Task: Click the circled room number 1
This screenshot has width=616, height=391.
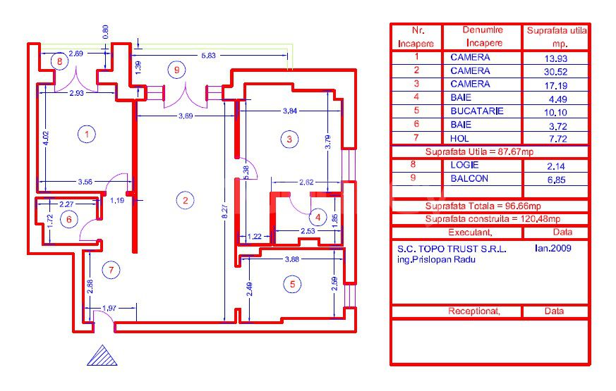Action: click(x=86, y=134)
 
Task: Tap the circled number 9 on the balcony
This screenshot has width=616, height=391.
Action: click(x=176, y=70)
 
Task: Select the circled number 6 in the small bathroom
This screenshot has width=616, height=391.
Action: click(x=68, y=219)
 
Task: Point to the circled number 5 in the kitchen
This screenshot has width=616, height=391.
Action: click(x=292, y=285)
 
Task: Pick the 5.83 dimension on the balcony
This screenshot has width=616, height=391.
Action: click(x=209, y=55)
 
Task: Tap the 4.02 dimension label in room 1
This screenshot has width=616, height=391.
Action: click(x=46, y=139)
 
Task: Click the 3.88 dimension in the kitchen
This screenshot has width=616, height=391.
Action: click(x=292, y=259)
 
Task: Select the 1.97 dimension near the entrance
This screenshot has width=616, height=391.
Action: click(x=109, y=309)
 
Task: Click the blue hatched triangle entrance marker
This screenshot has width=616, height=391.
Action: click(x=102, y=356)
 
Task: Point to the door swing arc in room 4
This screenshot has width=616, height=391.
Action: click(x=301, y=206)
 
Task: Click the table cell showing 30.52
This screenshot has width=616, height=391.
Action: click(x=555, y=72)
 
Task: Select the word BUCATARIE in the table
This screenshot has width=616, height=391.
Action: click(x=477, y=111)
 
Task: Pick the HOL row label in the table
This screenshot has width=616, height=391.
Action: click(x=459, y=139)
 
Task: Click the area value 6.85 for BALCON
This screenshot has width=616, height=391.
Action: click(x=556, y=180)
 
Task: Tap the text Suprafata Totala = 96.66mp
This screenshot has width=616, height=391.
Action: click(x=483, y=206)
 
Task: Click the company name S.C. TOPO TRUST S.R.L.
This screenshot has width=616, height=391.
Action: click(x=452, y=249)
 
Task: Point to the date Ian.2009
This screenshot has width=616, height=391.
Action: click(x=552, y=248)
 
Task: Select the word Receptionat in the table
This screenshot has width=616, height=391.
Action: click(x=473, y=311)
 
